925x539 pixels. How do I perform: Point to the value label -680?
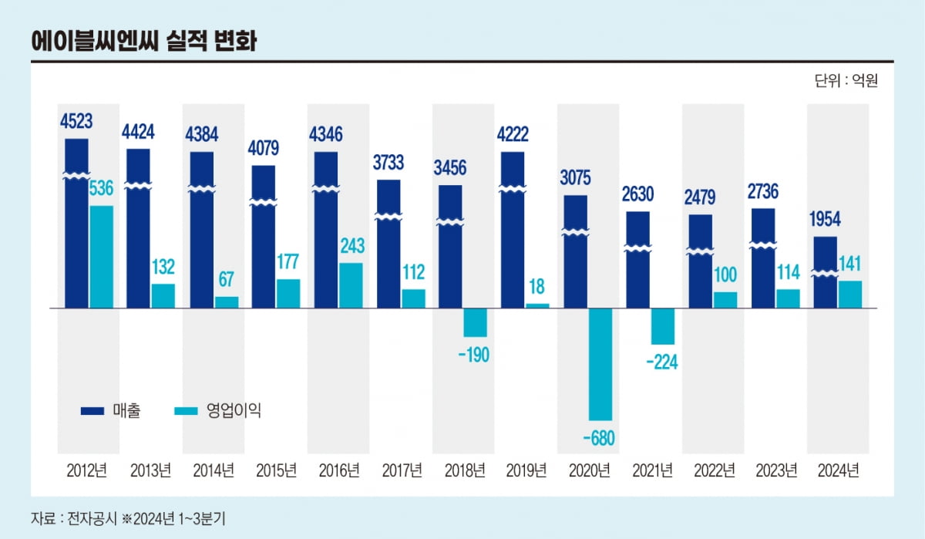click(x=600, y=439)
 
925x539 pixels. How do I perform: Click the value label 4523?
click(x=76, y=122)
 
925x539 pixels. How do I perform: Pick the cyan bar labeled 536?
click(x=101, y=256)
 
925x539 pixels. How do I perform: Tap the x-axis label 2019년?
click(x=526, y=470)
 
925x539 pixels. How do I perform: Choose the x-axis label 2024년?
click(x=838, y=470)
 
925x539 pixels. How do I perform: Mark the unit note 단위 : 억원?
click(x=846, y=80)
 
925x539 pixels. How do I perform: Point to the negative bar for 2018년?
click(x=476, y=322)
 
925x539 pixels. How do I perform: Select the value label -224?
click(x=662, y=362)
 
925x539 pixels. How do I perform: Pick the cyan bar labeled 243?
click(x=351, y=285)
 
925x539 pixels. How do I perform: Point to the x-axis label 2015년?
click(x=276, y=470)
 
